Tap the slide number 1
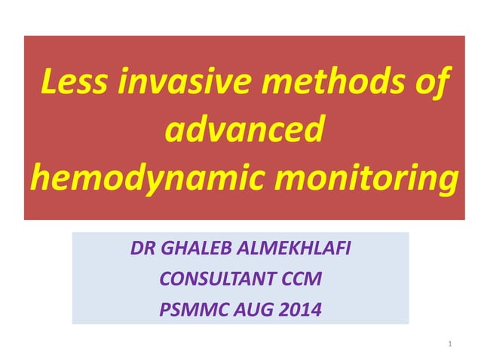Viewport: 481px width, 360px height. [449, 344]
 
